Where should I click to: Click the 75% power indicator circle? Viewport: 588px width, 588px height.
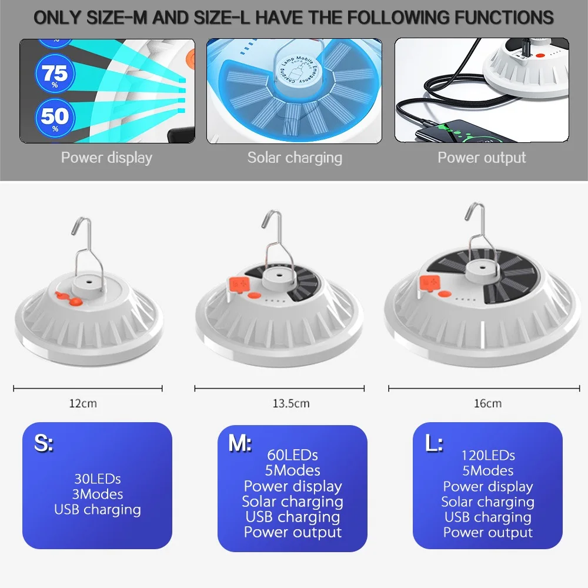coord(55,73)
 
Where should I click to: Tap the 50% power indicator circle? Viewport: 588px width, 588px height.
coord(55,118)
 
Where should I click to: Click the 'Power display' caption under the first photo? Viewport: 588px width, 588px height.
coord(106,158)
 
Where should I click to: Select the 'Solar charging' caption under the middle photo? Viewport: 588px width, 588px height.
coord(295,158)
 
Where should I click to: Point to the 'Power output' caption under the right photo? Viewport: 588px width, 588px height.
coord(482,158)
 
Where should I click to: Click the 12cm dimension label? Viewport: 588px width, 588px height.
coord(83,403)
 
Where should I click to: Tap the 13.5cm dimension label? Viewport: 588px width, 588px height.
coord(291,403)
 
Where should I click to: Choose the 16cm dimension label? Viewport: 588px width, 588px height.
coord(487,403)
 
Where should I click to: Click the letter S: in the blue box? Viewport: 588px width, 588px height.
coord(44,443)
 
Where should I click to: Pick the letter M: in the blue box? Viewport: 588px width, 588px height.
coord(240,443)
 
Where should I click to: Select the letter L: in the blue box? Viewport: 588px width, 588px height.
coord(435,443)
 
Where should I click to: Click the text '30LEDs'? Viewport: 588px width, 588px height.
coord(98,479)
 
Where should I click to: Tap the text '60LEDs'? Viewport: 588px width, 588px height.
coord(292,455)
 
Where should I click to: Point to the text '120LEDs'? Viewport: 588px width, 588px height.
coord(488,456)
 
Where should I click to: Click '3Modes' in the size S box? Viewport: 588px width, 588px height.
coord(98,495)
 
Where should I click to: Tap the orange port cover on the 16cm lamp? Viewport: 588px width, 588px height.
coord(430,283)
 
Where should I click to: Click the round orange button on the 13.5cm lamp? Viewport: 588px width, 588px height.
coord(254,296)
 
